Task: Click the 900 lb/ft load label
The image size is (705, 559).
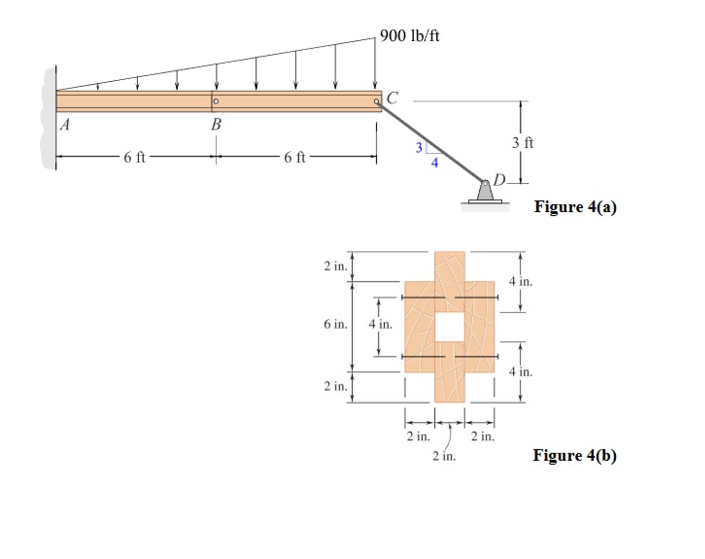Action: click(x=409, y=36)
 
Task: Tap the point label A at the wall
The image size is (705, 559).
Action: click(x=65, y=124)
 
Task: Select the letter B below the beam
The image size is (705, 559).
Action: click(x=216, y=124)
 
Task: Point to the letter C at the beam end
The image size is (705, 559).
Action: click(x=392, y=97)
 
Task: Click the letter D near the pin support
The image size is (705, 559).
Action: click(x=499, y=180)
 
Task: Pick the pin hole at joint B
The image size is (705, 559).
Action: click(x=216, y=101)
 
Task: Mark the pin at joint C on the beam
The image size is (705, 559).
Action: click(x=376, y=101)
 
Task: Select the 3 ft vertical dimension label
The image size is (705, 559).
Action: click(x=522, y=143)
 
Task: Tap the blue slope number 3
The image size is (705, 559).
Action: click(x=418, y=147)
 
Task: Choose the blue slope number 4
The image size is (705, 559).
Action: click(x=435, y=163)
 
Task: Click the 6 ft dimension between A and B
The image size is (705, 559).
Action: click(x=134, y=157)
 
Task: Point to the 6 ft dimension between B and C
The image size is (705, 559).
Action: click(x=295, y=157)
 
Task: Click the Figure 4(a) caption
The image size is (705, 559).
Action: click(x=575, y=207)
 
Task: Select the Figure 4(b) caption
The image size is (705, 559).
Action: click(x=574, y=455)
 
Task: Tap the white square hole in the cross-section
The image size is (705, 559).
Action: click(x=449, y=326)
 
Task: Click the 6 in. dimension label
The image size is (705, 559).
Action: click(x=336, y=324)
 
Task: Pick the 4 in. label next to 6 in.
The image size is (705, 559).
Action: click(x=380, y=324)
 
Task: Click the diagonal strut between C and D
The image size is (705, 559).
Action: click(x=431, y=141)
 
